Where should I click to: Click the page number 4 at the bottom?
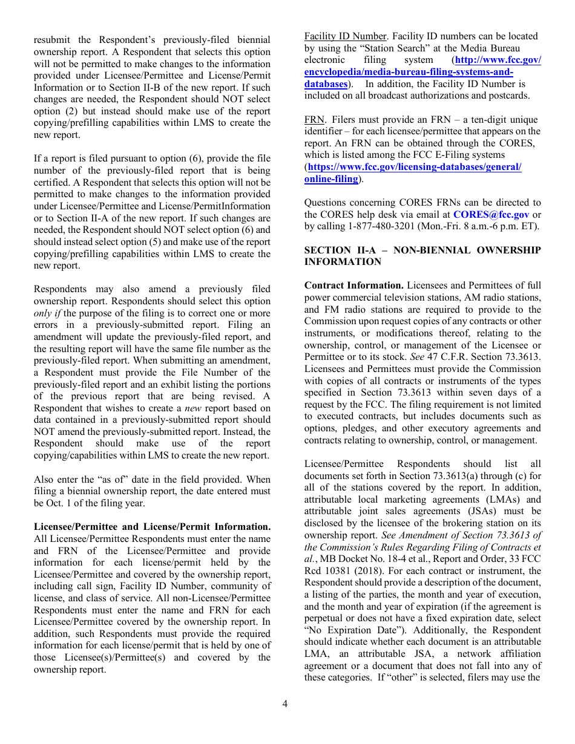(x=284, y=703)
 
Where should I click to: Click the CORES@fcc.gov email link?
(x=490, y=215)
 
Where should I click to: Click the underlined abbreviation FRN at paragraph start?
(x=314, y=120)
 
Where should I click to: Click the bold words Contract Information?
(x=354, y=286)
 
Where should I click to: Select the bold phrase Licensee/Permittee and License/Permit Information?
(x=151, y=527)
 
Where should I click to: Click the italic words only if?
(x=47, y=313)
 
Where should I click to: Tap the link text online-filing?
(x=331, y=179)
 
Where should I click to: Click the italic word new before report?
(x=211, y=408)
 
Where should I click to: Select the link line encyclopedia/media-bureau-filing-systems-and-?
(x=409, y=72)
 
